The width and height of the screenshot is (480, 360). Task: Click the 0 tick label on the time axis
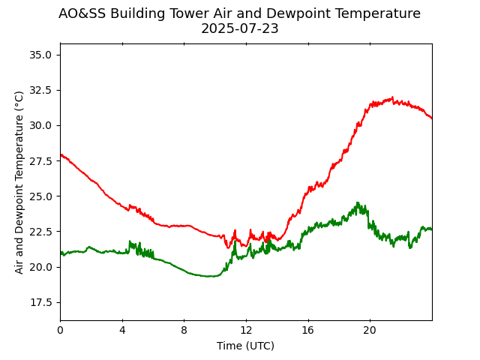coord(60,331)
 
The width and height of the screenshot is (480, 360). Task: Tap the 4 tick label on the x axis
coord(122,331)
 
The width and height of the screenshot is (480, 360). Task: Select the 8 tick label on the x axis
coord(184,331)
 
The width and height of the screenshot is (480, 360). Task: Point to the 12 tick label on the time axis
coord(246,331)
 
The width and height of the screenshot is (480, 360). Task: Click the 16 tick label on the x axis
coord(308,331)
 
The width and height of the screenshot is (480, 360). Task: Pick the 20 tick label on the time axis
coord(370,331)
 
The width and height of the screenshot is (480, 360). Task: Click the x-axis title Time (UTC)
coord(246,346)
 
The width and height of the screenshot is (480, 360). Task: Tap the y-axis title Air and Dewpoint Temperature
coord(19,182)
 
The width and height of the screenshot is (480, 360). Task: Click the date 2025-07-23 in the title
coord(239,28)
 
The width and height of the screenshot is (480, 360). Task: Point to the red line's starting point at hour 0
coord(61,154)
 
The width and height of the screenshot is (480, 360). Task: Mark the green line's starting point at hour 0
coord(61,253)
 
